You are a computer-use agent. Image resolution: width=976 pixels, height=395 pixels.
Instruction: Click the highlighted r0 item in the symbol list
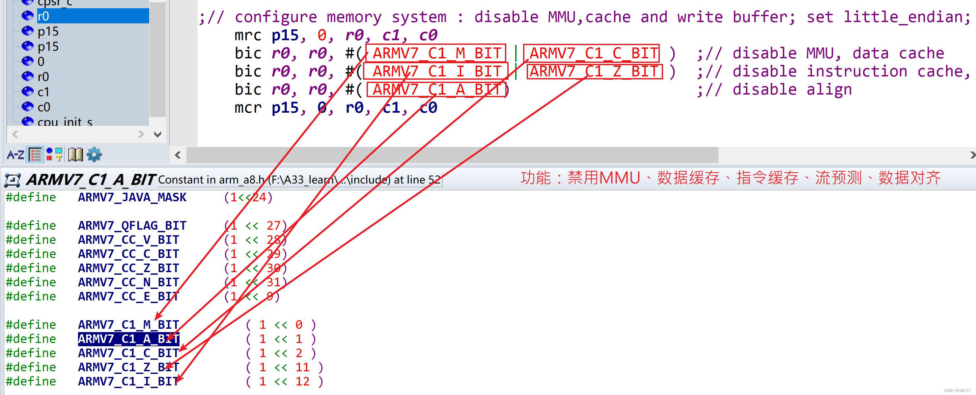(43, 16)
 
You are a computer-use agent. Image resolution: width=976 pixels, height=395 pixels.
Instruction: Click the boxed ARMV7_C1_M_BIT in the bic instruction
(436, 53)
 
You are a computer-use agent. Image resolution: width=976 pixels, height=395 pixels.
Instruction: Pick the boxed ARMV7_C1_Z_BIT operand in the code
(594, 71)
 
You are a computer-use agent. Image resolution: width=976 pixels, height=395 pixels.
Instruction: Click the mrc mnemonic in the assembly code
(248, 35)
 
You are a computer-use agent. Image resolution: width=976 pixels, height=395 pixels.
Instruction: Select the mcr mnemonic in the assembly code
(248, 108)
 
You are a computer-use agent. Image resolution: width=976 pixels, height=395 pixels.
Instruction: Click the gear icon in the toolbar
(94, 155)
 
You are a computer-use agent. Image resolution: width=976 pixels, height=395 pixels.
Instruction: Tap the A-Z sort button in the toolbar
(15, 155)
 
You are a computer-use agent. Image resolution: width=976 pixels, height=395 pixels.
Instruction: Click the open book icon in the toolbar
(75, 155)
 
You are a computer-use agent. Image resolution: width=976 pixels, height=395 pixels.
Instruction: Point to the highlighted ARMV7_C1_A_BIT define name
(128, 339)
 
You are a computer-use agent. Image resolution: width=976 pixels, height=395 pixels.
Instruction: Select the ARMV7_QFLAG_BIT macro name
(132, 226)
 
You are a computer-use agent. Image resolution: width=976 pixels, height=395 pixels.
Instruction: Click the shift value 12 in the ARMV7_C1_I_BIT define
(302, 381)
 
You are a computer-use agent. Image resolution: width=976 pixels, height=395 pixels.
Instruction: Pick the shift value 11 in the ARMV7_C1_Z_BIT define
(302, 367)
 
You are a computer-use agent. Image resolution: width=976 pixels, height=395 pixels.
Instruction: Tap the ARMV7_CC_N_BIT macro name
(128, 282)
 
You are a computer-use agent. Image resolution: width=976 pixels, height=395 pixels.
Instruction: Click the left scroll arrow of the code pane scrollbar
(178, 155)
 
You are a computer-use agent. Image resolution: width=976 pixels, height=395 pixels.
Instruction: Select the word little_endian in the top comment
(906, 17)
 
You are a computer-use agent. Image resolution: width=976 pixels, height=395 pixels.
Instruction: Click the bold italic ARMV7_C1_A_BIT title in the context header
(91, 180)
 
